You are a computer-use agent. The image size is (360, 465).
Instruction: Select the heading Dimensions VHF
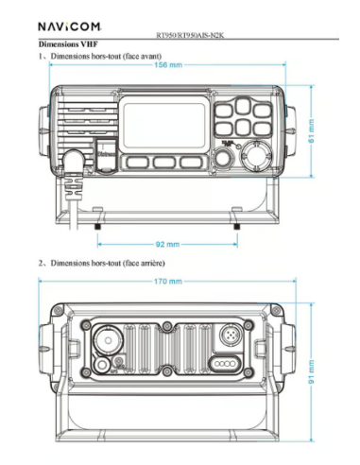69,45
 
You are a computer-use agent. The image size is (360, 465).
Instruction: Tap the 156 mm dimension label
169,65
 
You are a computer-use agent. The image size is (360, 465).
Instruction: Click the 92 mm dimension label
166,243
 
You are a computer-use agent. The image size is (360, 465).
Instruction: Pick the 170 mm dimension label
169,282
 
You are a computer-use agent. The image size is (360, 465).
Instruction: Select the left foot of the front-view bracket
98,227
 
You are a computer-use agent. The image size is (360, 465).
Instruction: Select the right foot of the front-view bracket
235,227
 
